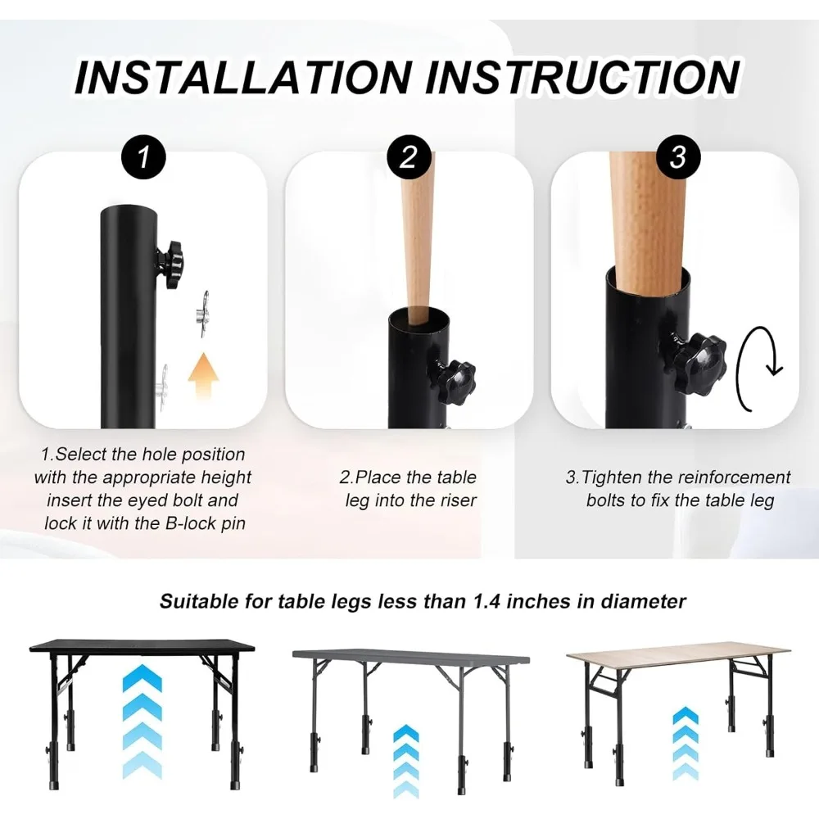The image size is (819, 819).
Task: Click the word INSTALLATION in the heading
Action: pyautogui.click(x=243, y=77)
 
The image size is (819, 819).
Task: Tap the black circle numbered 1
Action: pyautogui.click(x=143, y=157)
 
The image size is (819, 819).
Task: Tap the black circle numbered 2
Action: pyautogui.click(x=409, y=157)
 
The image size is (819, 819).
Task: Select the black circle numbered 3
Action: pyautogui.click(x=677, y=157)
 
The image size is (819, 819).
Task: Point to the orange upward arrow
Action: pyautogui.click(x=203, y=376)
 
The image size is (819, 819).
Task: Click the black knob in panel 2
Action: pyautogui.click(x=452, y=380)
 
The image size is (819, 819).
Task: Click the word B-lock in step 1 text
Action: pyautogui.click(x=190, y=523)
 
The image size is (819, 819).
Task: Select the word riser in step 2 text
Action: pyautogui.click(x=458, y=500)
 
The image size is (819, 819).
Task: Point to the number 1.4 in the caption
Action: pyautogui.click(x=486, y=602)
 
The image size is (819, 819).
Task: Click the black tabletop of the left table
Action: pyautogui.click(x=142, y=645)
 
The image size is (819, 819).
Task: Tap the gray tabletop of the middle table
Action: pyautogui.click(x=411, y=655)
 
